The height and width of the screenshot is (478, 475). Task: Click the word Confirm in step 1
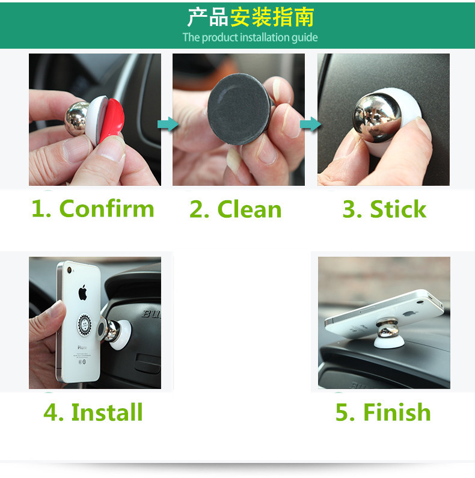(x=106, y=209)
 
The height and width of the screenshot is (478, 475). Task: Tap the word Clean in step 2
(x=250, y=209)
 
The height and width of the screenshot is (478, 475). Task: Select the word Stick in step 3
(x=398, y=209)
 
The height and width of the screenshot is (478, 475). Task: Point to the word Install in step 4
(x=107, y=412)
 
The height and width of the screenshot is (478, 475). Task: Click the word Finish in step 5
(x=397, y=412)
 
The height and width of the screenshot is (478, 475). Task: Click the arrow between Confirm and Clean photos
(x=168, y=124)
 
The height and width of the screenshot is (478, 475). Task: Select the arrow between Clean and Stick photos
(x=310, y=124)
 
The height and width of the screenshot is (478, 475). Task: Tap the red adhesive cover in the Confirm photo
(x=112, y=120)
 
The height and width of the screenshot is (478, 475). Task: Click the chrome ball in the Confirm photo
(x=76, y=118)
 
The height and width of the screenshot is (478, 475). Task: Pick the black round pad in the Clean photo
(x=239, y=109)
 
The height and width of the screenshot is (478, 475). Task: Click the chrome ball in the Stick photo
(x=377, y=117)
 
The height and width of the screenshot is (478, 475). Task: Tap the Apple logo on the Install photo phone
(x=82, y=292)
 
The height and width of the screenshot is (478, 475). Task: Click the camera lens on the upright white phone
(x=69, y=270)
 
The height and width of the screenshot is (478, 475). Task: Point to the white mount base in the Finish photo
(x=389, y=342)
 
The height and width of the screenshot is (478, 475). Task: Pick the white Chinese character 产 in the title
(x=197, y=17)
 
